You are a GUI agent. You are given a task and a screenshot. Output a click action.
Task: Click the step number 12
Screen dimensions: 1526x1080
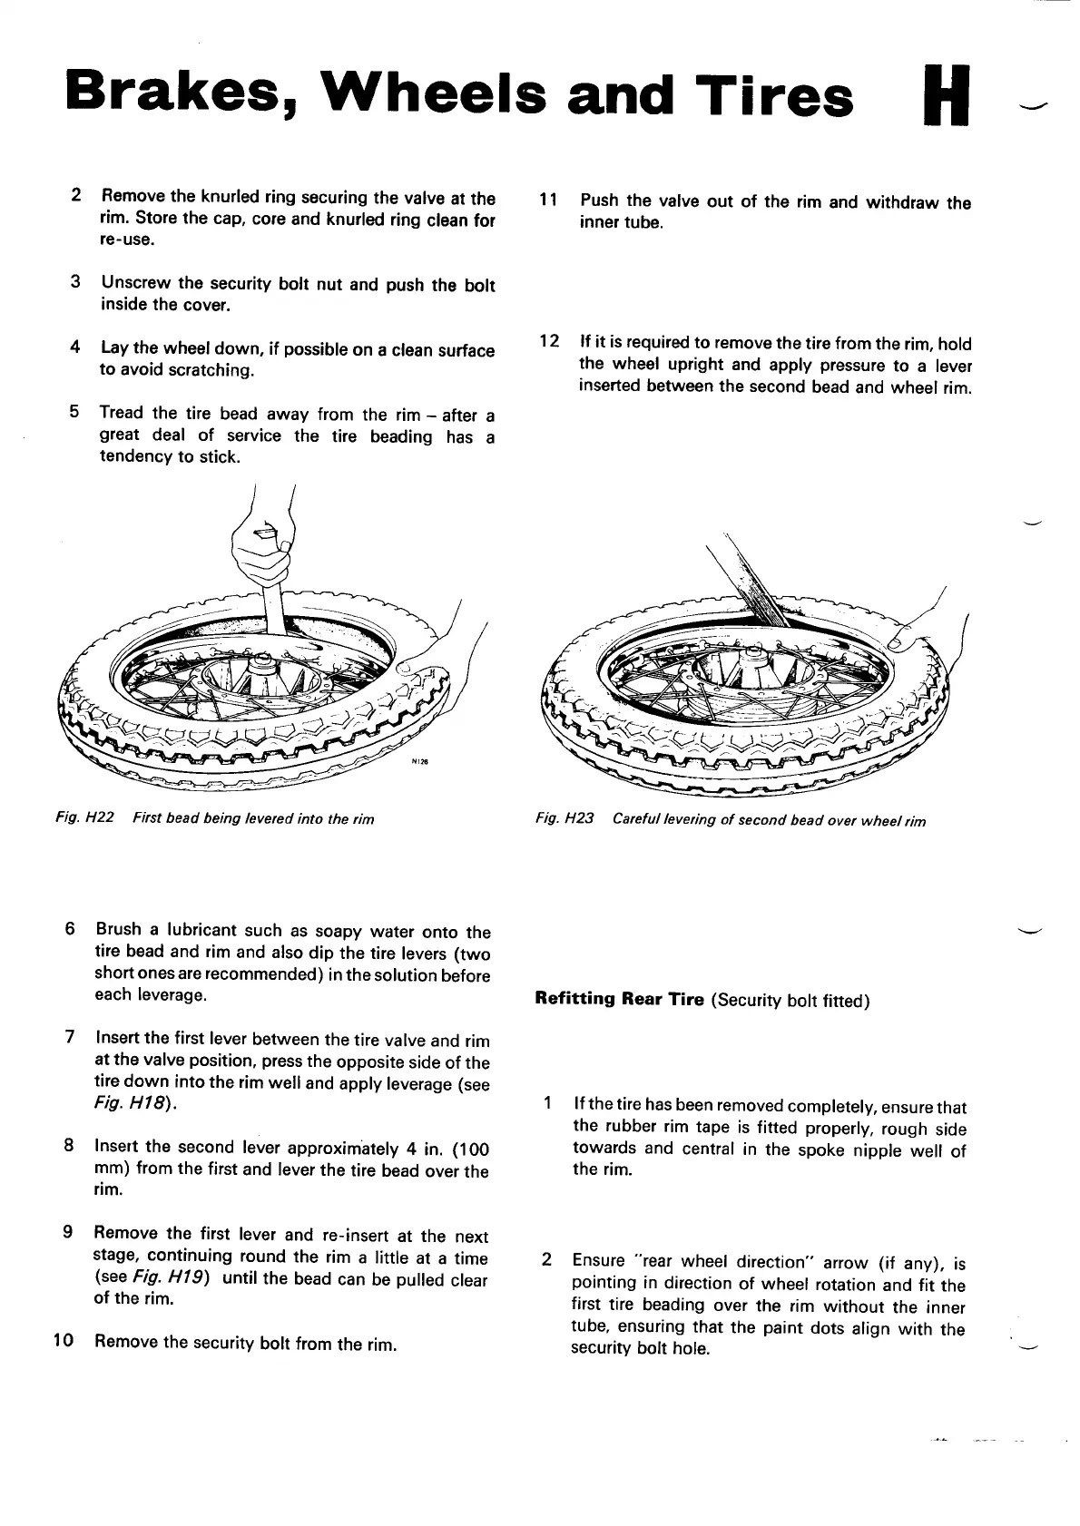(x=548, y=342)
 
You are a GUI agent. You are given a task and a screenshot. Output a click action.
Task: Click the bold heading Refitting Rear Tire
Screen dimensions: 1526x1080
(x=619, y=1000)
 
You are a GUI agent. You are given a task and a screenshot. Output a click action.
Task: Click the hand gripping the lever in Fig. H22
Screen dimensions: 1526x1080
(x=260, y=553)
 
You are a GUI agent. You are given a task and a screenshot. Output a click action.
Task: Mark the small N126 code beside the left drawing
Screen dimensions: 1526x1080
(x=418, y=762)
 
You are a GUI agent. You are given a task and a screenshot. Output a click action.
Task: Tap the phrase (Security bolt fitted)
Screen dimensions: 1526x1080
(x=790, y=1001)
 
